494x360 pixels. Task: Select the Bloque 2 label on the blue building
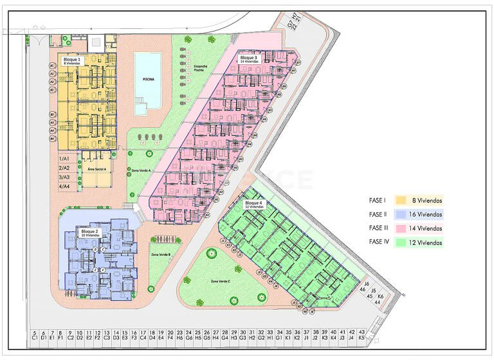[x=89, y=232]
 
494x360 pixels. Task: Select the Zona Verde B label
[x=160, y=255]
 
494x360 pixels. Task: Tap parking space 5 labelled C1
[x=34, y=335]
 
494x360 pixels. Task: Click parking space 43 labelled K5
[x=362, y=335]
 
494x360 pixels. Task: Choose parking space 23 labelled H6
[x=180, y=335]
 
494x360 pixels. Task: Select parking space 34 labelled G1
[x=279, y=335]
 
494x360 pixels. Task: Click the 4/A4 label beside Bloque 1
[x=64, y=186]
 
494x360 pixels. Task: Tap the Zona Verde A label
[x=140, y=170]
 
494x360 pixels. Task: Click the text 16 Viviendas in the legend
[x=426, y=214]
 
